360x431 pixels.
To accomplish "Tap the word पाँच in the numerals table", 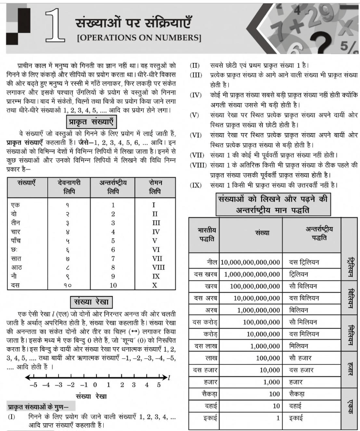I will (x=18, y=241).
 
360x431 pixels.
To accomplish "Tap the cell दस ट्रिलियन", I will (x=307, y=262).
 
